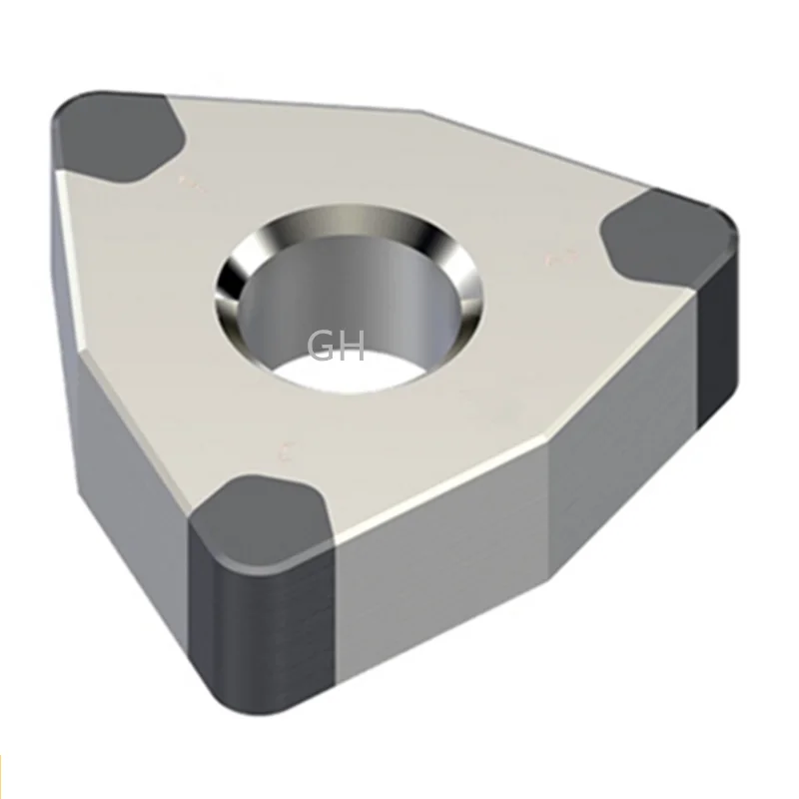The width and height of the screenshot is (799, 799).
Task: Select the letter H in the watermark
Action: (354, 347)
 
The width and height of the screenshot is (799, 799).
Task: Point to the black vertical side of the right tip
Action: (717, 340)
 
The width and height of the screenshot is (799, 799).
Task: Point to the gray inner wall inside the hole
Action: (300, 290)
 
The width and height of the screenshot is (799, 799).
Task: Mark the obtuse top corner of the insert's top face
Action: (424, 112)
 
